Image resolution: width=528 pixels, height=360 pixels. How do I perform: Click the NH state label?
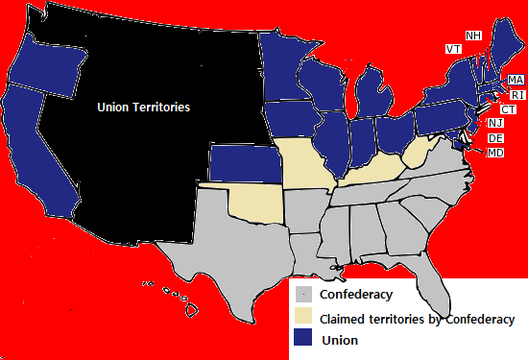(x=473, y=36)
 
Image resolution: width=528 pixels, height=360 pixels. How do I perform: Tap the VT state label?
(x=453, y=48)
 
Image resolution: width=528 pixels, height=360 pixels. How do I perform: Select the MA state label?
(x=516, y=80)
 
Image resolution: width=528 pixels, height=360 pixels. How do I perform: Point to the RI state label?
(x=517, y=95)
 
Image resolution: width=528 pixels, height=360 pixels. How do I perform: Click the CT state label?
(x=509, y=108)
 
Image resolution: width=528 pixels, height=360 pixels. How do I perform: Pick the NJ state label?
(x=495, y=123)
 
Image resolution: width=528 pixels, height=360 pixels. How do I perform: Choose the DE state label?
(x=495, y=138)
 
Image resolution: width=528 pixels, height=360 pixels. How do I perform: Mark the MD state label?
(x=495, y=153)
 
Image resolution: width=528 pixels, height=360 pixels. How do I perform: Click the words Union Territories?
(x=144, y=108)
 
